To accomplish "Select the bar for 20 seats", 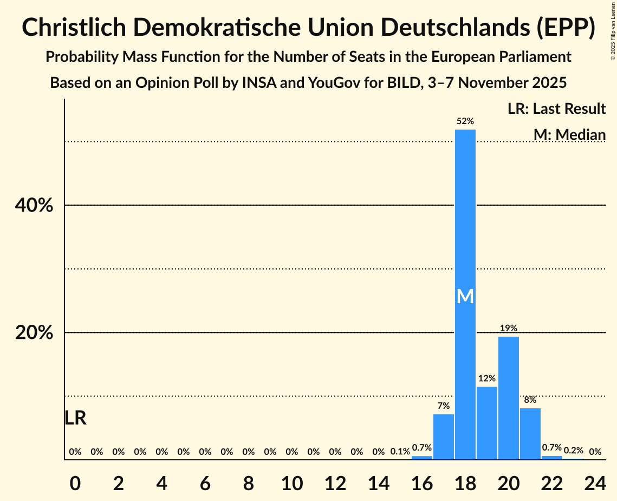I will (x=509, y=398).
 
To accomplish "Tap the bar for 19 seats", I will (x=487, y=423).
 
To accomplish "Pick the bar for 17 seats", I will (x=444, y=436).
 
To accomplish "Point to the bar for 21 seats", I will (x=530, y=434).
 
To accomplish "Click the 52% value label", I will (x=465, y=121).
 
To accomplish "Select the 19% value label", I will (x=509, y=328).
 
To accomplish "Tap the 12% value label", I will (x=487, y=378).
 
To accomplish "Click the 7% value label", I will (x=444, y=406).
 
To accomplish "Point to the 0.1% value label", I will (x=400, y=452).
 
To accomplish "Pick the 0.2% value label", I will (x=574, y=451).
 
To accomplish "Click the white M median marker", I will (x=465, y=296).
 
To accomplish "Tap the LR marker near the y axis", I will (x=75, y=418).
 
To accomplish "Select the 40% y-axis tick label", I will (x=34, y=205).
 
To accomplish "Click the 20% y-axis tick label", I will (x=34, y=332).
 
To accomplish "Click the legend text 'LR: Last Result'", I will (x=557, y=109).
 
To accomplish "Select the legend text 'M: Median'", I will (x=569, y=134).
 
